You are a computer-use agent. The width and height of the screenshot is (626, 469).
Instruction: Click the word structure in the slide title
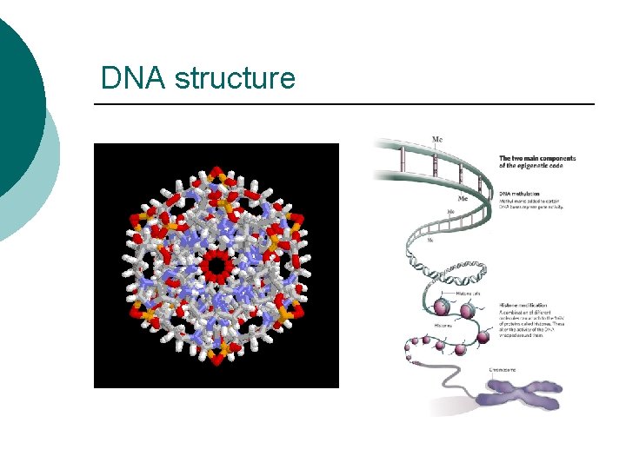(x=235, y=79)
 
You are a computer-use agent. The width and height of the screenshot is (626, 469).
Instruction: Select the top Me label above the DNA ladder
(x=436, y=139)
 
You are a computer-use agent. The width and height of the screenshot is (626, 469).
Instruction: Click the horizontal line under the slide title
(x=343, y=104)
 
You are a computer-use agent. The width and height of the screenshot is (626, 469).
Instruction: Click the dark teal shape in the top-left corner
(x=17, y=96)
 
